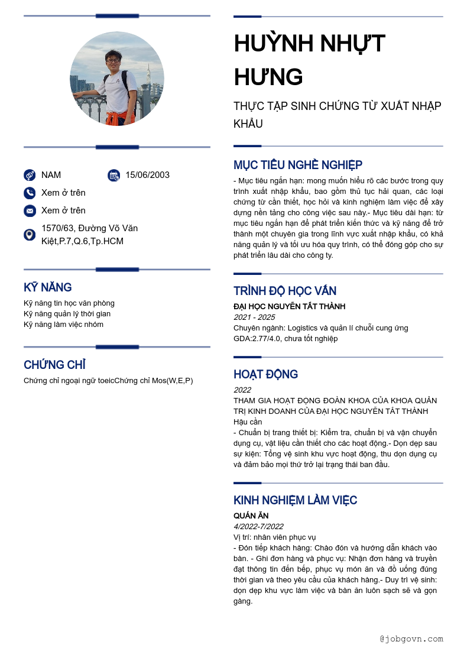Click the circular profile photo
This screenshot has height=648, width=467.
pyautogui.click(x=117, y=79)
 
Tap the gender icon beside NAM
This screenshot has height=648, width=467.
pyautogui.click(x=30, y=175)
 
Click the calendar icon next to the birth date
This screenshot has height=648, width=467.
pyautogui.click(x=114, y=175)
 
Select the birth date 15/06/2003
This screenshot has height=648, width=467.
pyautogui.click(x=147, y=175)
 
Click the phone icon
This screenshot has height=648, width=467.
pyautogui.click(x=30, y=193)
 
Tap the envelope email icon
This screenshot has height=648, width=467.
pyautogui.click(x=30, y=210)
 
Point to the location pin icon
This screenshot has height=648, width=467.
pyautogui.click(x=30, y=235)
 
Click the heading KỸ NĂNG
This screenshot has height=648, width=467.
pyautogui.click(x=48, y=288)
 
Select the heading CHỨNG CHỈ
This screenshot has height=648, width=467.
pyautogui.click(x=55, y=365)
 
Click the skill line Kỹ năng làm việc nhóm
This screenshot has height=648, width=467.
pyautogui.click(x=64, y=325)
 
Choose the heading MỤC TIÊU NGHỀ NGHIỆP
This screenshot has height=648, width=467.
pyautogui.click(x=298, y=165)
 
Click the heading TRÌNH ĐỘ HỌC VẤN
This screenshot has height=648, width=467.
pyautogui.click(x=285, y=291)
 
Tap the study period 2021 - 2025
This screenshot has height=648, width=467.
pyautogui.click(x=254, y=317)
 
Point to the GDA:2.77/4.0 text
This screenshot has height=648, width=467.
pyautogui.click(x=258, y=339)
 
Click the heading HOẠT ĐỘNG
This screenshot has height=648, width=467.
pyautogui.click(x=265, y=374)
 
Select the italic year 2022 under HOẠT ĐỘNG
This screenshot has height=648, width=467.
pyautogui.click(x=242, y=390)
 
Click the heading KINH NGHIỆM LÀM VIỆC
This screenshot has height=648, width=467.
pyautogui.click(x=295, y=500)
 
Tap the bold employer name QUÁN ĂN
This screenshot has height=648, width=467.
pyautogui.click(x=251, y=516)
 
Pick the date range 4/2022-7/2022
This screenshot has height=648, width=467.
pyautogui.click(x=258, y=527)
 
